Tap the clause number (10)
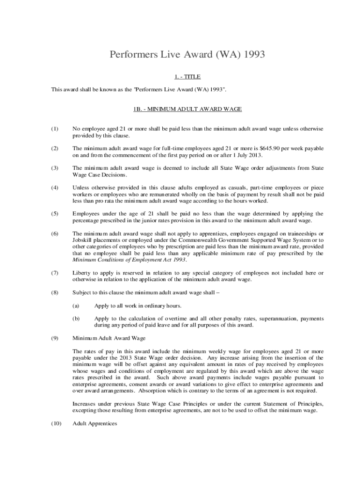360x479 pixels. pyautogui.click(x=56, y=424)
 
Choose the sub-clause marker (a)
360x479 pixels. pyautogui.click(x=76, y=306)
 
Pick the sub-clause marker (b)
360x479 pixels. pyautogui.click(x=76, y=319)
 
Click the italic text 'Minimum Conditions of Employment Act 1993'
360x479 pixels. pyautogui.click(x=130, y=260)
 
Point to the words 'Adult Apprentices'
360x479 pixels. pyautogui.click(x=95, y=424)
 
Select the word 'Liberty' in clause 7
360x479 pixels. pyautogui.click(x=82, y=273)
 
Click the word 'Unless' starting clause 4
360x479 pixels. pyautogui.click(x=81, y=188)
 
